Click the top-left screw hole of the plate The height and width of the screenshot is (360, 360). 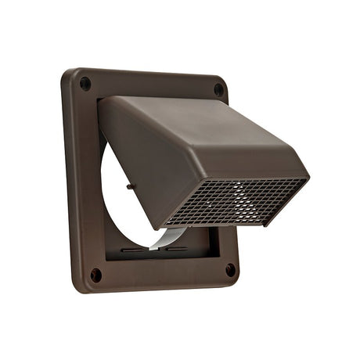[x=85, y=84]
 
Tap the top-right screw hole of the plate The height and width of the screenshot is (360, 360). [x=218, y=89]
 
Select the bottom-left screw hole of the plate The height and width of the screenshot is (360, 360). [x=95, y=275]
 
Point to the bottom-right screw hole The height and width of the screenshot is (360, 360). [x=230, y=269]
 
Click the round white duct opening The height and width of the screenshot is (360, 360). [x=117, y=203]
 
